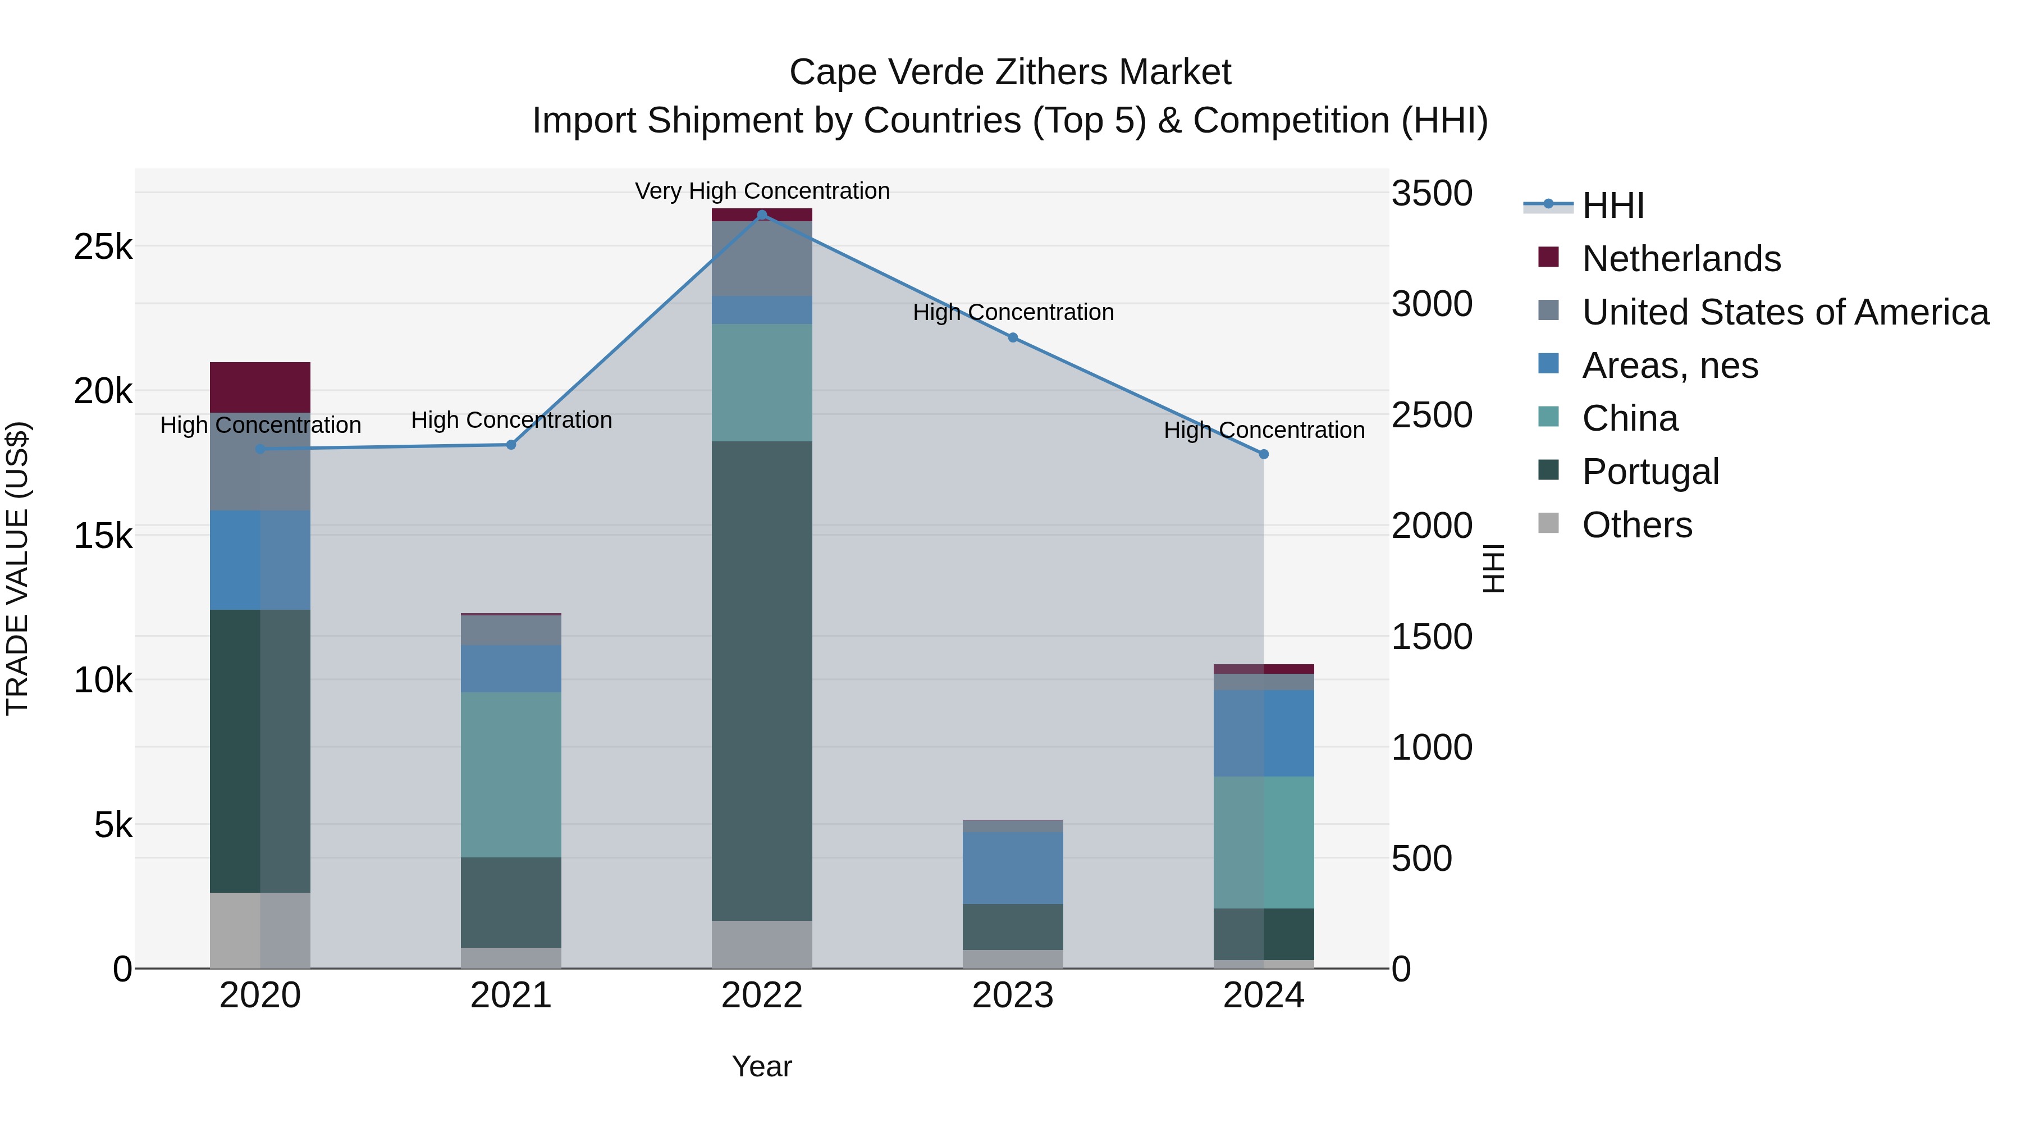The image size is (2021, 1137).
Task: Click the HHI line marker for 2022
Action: click(x=762, y=215)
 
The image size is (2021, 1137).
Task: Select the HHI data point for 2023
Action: click(x=1013, y=337)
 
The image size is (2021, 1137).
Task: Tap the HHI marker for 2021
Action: click(x=511, y=445)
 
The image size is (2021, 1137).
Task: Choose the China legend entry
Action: click(x=1630, y=418)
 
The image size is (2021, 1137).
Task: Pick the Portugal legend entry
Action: click(x=1650, y=472)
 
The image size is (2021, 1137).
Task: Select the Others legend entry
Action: click(x=1636, y=525)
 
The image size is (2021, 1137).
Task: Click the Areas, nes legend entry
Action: click(x=1670, y=366)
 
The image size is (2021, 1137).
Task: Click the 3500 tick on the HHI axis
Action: click(x=1432, y=194)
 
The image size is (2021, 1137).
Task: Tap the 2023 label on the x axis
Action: click(x=1013, y=996)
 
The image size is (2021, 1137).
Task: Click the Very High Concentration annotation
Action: click(x=762, y=191)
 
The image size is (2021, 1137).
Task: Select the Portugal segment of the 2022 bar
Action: click(x=762, y=681)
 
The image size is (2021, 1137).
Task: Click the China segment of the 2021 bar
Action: click(x=511, y=774)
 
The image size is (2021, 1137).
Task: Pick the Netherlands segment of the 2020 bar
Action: click(x=260, y=387)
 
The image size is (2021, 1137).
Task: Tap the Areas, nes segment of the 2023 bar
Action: click(x=1013, y=868)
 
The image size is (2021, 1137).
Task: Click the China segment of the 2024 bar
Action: click(x=1264, y=842)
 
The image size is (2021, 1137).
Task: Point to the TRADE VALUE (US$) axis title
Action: click(x=17, y=568)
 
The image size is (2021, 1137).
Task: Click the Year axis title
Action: click(x=762, y=1066)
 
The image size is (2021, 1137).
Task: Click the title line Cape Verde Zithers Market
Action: click(x=1010, y=72)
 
